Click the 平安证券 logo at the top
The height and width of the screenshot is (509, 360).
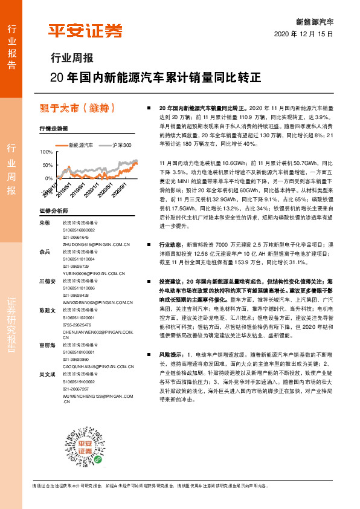[x=85, y=31]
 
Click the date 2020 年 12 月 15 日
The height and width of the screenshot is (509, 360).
[x=304, y=34]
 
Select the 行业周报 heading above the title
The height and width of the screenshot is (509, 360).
[x=71, y=59]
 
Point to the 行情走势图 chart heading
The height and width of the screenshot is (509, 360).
[x=54, y=129]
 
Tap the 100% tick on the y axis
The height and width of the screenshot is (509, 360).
[x=46, y=152]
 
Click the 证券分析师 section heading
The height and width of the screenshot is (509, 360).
[x=54, y=211]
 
